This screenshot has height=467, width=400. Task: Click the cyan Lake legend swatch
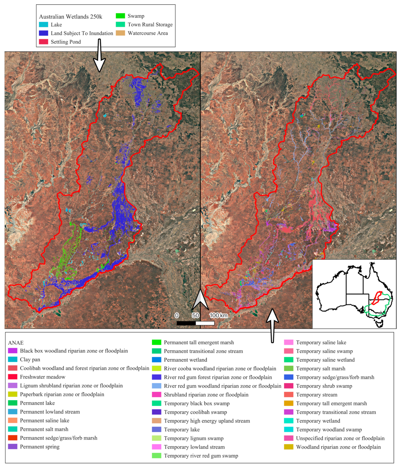[43, 25]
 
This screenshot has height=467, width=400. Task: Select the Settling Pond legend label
[66, 42]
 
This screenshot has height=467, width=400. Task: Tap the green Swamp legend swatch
[120, 16]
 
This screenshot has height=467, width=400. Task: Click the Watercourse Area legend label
[148, 33]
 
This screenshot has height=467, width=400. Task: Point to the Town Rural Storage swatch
[120, 24]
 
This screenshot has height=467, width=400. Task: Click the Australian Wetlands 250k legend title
[71, 16]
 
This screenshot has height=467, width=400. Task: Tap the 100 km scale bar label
[218, 315]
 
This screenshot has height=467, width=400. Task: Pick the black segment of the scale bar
[186, 323]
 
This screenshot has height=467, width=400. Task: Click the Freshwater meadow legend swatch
[13, 377]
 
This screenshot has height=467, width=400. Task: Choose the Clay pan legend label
[30, 360]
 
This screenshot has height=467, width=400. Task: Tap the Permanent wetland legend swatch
[156, 360]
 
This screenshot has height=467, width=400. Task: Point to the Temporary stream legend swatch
[289, 395]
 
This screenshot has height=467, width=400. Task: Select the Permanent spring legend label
[40, 447]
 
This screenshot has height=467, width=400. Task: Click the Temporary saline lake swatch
[289, 342]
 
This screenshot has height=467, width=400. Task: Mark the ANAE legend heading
[16, 343]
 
